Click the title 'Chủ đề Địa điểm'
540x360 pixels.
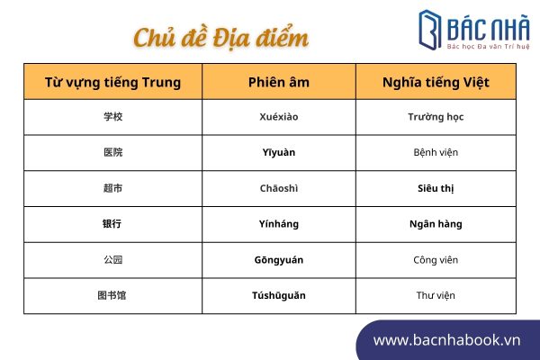pyautogui.click(x=220, y=38)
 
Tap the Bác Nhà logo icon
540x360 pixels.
pyautogui.click(x=430, y=30)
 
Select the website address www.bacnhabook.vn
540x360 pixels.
pyautogui.click(x=446, y=340)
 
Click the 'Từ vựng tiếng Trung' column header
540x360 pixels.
pyautogui.click(x=113, y=83)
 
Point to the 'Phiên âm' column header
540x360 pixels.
pyautogui.click(x=279, y=82)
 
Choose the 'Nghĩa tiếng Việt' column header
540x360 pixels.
pyautogui.click(x=436, y=83)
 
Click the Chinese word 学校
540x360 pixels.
pyautogui.click(x=113, y=117)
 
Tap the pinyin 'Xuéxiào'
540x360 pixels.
pyautogui.click(x=279, y=117)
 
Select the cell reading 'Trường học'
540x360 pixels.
pyautogui.click(x=436, y=117)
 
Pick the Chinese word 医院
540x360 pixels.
pyautogui.click(x=113, y=152)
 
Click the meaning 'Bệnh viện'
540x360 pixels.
pyautogui.click(x=436, y=152)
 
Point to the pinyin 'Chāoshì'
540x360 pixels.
pyautogui.click(x=279, y=188)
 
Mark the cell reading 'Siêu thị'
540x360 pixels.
pyautogui.click(x=436, y=188)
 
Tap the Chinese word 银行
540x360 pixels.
pyautogui.click(x=112, y=224)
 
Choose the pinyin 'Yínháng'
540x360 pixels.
pyautogui.click(x=279, y=224)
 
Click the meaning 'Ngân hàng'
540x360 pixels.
pyautogui.click(x=436, y=224)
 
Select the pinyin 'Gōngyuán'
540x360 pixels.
pyautogui.click(x=279, y=260)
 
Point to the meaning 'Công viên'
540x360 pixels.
pyautogui.click(x=436, y=260)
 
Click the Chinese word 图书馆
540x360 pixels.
pyautogui.click(x=112, y=295)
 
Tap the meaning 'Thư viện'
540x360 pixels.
pyautogui.click(x=436, y=295)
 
